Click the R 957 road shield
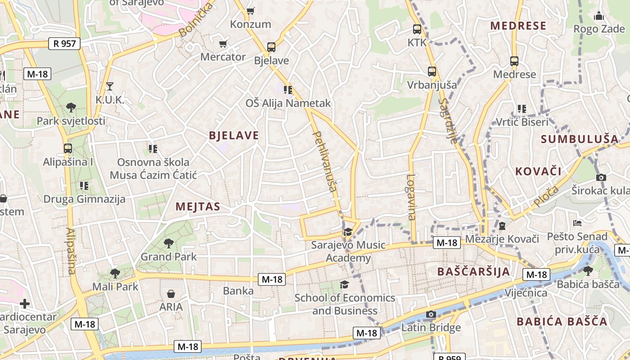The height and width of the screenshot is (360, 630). coord(64,44)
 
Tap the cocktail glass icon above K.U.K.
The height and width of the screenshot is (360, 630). coord(110,85)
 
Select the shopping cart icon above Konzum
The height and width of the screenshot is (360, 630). coord(251,10)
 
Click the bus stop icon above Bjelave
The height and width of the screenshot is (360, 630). coord(271,47)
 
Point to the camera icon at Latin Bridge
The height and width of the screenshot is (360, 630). coord(431,314)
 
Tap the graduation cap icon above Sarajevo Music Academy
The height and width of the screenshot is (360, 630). coord(347,232)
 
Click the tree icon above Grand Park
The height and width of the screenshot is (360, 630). coord(169,243)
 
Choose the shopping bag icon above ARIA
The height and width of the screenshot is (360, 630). coord(171,294)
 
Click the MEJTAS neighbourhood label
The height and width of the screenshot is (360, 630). coord(198,207)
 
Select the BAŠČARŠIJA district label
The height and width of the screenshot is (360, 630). coord(474,271)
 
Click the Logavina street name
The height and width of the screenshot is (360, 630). coord(411,197)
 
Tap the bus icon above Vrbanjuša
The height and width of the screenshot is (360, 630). coord(432,71)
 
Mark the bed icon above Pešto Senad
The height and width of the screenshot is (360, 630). coord(577,223)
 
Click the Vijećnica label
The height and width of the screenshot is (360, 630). coord(526,293)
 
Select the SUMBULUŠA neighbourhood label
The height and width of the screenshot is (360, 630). coord(580,139)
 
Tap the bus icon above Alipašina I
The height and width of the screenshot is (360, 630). coord(68,148)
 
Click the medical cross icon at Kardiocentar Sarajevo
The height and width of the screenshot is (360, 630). coord(25,304)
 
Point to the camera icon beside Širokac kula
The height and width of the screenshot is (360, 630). coord(601,177)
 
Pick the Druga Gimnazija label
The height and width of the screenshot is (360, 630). coord(84,198)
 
